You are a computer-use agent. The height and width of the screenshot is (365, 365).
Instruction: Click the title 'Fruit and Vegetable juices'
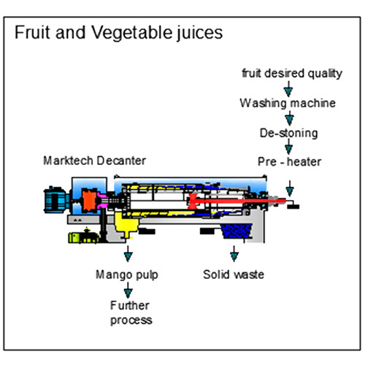(119, 33)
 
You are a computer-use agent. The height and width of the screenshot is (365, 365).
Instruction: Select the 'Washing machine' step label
(288, 103)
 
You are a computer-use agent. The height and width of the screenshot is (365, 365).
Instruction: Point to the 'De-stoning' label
(288, 133)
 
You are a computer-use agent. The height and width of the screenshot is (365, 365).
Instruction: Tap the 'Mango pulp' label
(128, 275)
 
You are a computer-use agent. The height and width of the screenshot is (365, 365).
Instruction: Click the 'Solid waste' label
(234, 275)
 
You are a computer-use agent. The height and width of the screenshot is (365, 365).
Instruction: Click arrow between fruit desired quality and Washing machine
(288, 88)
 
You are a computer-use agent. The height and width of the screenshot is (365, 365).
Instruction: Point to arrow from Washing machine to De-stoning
(288, 118)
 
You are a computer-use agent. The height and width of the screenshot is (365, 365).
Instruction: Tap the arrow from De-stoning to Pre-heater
(288, 147)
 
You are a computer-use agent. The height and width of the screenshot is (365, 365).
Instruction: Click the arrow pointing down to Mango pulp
(128, 255)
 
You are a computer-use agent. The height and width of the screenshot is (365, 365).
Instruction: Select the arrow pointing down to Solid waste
(234, 255)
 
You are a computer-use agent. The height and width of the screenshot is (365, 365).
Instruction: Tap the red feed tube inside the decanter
(219, 198)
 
